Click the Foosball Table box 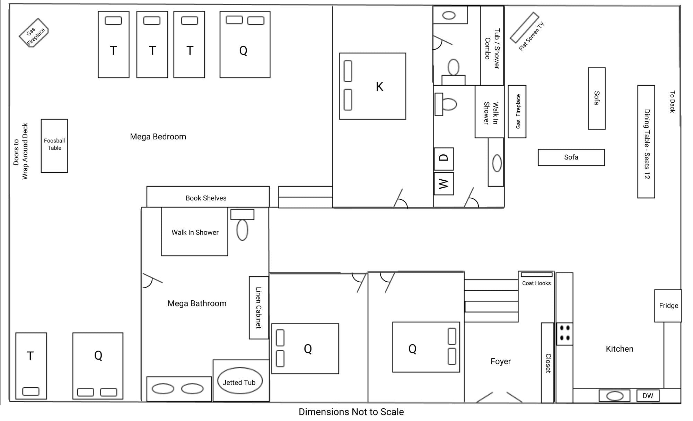(x=54, y=146)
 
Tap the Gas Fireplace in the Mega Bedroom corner (x=34, y=33)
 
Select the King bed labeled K (x=372, y=86)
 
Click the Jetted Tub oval (x=239, y=381)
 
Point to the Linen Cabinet (x=259, y=308)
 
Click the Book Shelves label (x=206, y=198)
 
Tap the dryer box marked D (x=444, y=158)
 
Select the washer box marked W (x=444, y=183)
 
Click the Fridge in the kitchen (x=668, y=306)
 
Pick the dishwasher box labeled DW (x=648, y=396)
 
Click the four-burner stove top (x=564, y=333)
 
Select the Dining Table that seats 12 (x=646, y=141)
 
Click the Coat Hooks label (x=536, y=283)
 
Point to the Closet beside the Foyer (x=547, y=363)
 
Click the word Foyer (x=501, y=361)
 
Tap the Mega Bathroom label (x=197, y=303)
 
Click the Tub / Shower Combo (x=492, y=45)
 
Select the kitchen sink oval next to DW (x=615, y=396)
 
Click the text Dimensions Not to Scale (x=351, y=412)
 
